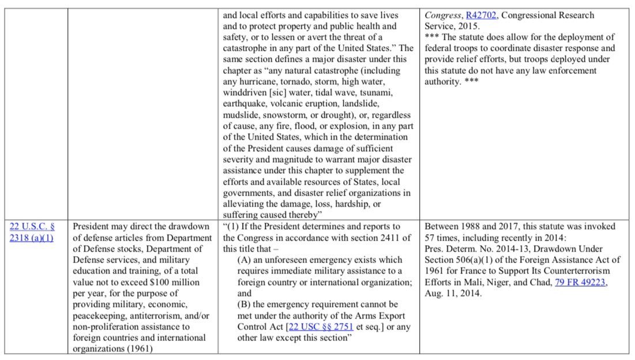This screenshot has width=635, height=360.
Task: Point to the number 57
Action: [430, 238]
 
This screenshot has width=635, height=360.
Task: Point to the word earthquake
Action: [245, 104]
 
